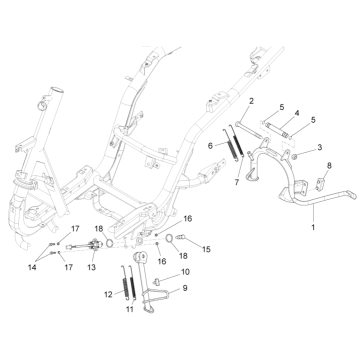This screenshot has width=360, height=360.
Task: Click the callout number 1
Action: click(313, 228)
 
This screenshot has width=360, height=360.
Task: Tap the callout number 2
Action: click(252, 103)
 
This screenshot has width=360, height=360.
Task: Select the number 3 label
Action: click(319, 148)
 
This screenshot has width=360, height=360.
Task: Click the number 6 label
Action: click(210, 145)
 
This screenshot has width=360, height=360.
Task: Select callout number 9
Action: click(183, 288)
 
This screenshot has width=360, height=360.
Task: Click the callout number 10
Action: click(184, 272)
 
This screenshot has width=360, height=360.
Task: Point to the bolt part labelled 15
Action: click(183, 238)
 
